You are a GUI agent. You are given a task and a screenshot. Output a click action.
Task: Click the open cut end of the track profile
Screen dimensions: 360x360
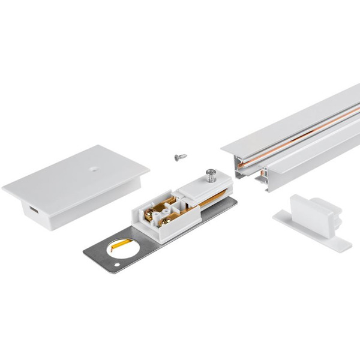250,170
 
